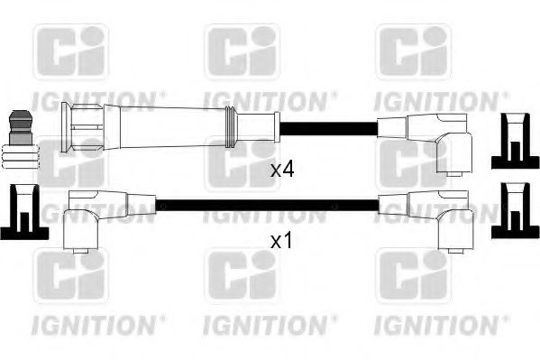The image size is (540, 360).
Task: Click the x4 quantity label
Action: pos(283,169)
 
